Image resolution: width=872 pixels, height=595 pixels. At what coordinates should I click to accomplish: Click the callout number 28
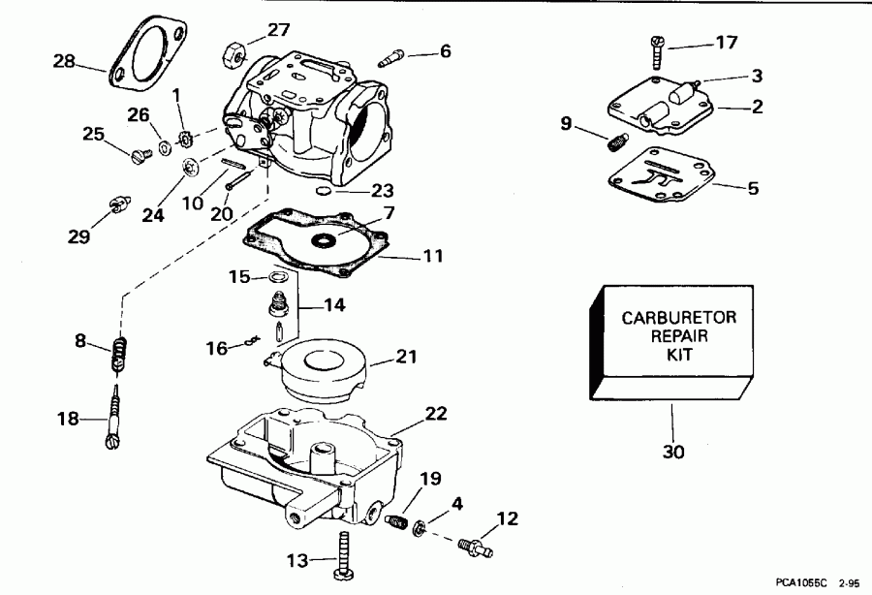pyautogui.click(x=64, y=62)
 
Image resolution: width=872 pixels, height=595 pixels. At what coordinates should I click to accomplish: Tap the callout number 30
pyautogui.click(x=671, y=452)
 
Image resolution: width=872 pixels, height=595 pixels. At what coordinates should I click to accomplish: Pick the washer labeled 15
pyautogui.click(x=277, y=278)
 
